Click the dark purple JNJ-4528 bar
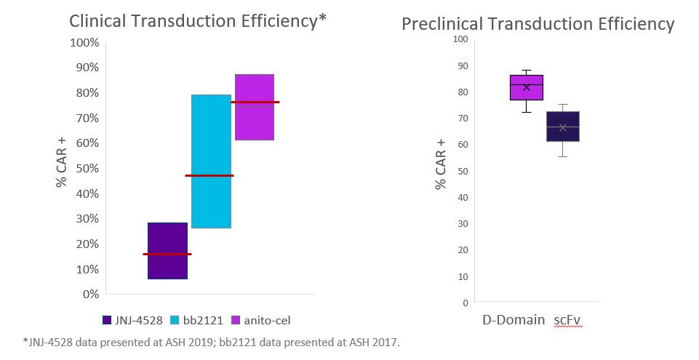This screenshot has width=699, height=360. click(x=167, y=266)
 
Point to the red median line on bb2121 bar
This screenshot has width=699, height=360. click(x=209, y=175)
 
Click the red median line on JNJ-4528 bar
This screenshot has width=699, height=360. click(x=167, y=254)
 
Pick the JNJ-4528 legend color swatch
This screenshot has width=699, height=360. click(x=108, y=320)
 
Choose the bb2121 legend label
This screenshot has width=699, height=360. click(x=199, y=320)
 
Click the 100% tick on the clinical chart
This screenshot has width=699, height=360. click(x=84, y=42)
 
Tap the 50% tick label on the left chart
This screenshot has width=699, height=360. click(x=87, y=168)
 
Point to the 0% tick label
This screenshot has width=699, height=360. click(x=89, y=294)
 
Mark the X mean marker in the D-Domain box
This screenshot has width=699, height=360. click(x=527, y=87)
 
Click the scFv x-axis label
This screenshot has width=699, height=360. click(x=568, y=319)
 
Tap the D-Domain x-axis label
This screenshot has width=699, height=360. click(x=514, y=319)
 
